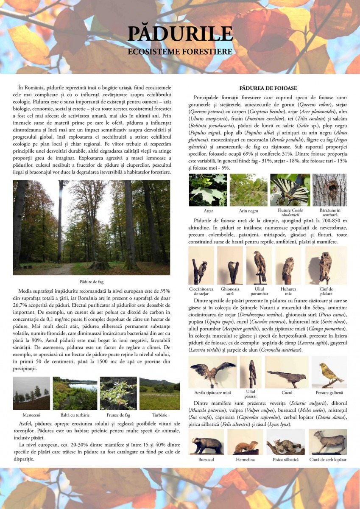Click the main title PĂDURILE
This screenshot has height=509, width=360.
pos(180,34)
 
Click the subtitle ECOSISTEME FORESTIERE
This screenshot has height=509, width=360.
pos(180,52)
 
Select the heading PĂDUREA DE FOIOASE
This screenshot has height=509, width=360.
pos(268,88)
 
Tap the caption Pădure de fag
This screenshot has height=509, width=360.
pos(92,282)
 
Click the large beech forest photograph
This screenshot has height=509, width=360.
pos(92,228)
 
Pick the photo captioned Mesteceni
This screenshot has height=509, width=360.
pos(31,393)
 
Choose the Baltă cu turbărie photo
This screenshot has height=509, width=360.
pos(75,393)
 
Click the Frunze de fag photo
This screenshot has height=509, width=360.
pos(118,393)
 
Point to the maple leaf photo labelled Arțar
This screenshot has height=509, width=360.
pos(208,190)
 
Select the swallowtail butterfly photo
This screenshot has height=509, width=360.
pos(290,190)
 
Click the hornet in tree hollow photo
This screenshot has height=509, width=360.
pos(329,190)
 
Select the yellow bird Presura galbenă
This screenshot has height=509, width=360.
pos(329,372)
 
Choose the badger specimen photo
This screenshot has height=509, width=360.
pos(206,442)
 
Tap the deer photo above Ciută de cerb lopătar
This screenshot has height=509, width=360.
pos(328,442)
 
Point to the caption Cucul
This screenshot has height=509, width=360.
pos(287,393)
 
